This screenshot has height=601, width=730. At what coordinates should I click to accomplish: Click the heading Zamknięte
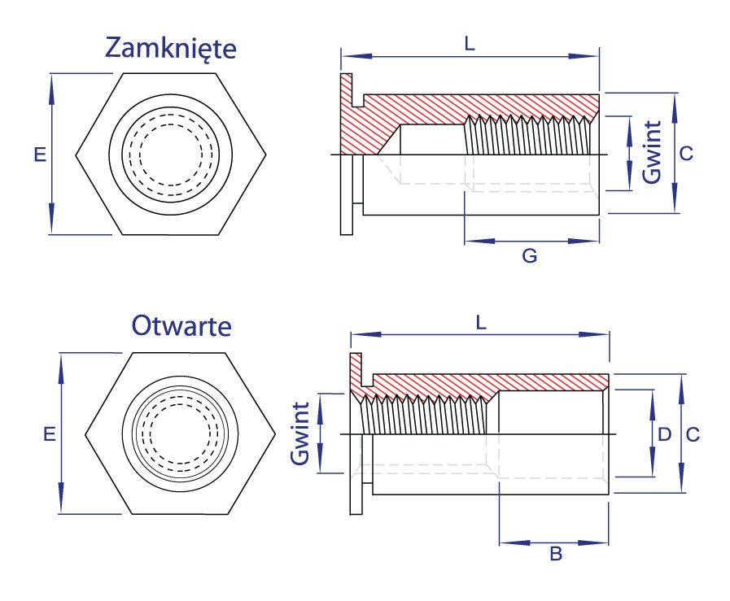point(170,49)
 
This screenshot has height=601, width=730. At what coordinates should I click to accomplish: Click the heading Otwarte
point(181,326)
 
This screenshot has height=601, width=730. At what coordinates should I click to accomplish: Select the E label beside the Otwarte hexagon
point(49,434)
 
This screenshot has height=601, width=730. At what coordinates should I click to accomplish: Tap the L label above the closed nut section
point(469,46)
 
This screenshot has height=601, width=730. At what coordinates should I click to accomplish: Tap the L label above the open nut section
point(481,323)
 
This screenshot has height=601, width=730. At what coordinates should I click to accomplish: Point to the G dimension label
point(529,256)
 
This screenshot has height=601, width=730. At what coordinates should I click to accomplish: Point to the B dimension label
point(556,555)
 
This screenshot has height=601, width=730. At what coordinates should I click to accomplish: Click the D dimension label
point(664,434)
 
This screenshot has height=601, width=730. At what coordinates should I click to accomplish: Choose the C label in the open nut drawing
point(692,434)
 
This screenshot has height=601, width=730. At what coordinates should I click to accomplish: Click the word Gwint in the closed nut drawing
point(651,154)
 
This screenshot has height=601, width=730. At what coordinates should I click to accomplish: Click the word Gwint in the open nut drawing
point(301,433)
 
